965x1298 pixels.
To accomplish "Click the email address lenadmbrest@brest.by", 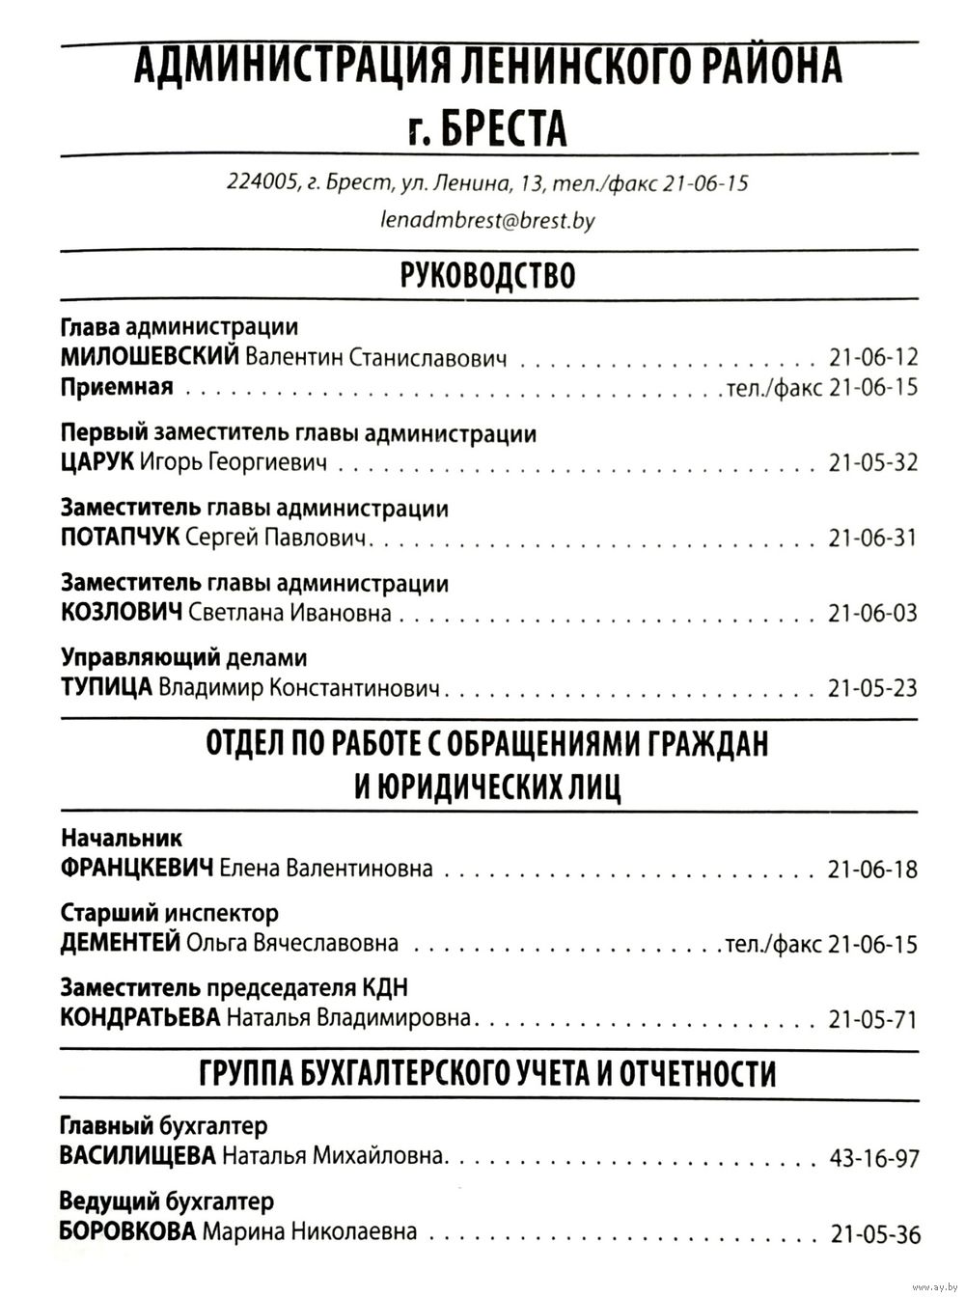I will (x=487, y=221).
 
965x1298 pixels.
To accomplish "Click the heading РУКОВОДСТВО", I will (x=487, y=276).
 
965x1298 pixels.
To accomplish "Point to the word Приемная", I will (x=117, y=388).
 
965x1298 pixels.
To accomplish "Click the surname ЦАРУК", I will (x=96, y=462).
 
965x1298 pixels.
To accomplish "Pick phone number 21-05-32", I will (x=872, y=462).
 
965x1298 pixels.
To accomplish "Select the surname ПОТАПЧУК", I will (x=120, y=538).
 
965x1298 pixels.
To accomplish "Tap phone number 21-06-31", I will (x=872, y=538).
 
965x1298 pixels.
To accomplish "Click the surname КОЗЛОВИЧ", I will (x=121, y=613).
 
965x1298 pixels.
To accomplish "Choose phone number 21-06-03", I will (x=872, y=613).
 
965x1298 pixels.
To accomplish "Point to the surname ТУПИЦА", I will (x=106, y=688).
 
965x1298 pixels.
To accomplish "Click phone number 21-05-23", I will (x=872, y=688).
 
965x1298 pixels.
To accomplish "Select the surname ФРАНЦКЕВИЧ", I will (x=136, y=869).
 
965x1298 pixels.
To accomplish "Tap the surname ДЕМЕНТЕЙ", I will (x=120, y=943).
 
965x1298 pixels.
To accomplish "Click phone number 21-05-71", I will (x=872, y=1019).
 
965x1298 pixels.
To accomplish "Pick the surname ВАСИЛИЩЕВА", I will (x=137, y=1156).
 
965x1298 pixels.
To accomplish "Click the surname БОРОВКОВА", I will (x=128, y=1231).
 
